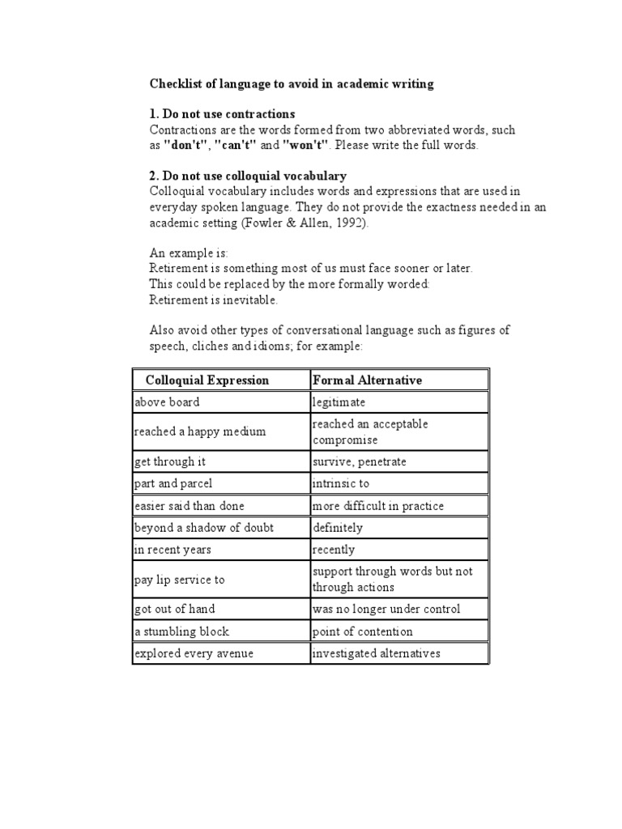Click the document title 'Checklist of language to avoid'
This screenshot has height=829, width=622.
[x=292, y=84]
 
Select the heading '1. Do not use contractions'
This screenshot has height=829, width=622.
[x=223, y=114]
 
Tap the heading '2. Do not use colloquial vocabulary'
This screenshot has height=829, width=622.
[x=249, y=176]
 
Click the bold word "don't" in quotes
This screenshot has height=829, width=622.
[x=186, y=146]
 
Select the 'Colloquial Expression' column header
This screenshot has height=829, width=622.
[x=207, y=380]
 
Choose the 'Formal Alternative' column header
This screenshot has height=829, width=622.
[x=367, y=380]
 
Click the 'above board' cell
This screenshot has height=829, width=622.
[x=167, y=402]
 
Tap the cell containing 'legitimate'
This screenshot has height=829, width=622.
[x=339, y=402]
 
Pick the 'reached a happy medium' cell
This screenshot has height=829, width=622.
[x=200, y=432]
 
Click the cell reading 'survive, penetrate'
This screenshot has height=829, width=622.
[x=360, y=461]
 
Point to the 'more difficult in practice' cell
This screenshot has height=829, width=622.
[x=378, y=506]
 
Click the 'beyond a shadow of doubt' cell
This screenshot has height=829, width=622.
[x=204, y=528]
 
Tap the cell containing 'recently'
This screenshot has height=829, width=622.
[x=334, y=550]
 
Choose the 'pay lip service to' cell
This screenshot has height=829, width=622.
[x=180, y=580]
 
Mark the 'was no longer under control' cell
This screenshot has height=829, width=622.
[x=386, y=610]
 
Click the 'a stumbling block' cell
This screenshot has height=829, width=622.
[x=182, y=631]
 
